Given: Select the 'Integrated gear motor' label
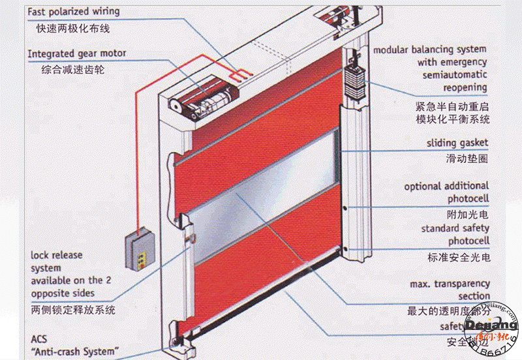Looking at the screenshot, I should pyautogui.click(x=77, y=53).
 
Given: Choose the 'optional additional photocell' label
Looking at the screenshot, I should pyautogui.click(x=446, y=192).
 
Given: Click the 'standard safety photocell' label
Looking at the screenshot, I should pyautogui.click(x=455, y=235).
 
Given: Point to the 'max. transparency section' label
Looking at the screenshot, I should pyautogui.click(x=450, y=290).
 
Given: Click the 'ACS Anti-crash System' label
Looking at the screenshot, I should pyautogui.click(x=76, y=346).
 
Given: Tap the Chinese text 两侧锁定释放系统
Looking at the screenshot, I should pyautogui.click(x=72, y=310).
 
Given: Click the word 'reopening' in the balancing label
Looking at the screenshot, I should pyautogui.click(x=465, y=87).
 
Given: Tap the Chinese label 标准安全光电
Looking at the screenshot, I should pyautogui.click(x=459, y=257).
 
